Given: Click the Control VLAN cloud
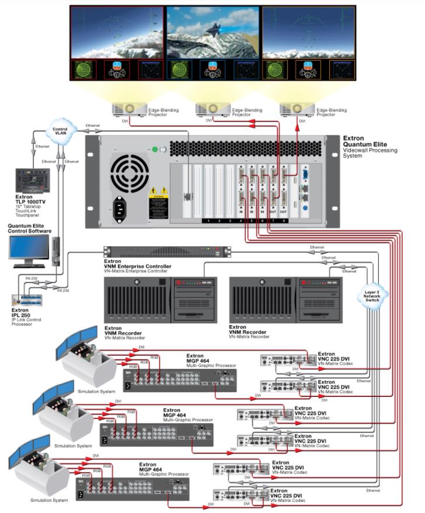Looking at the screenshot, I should point(60,128).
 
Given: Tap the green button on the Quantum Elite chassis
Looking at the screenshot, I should point(155,149).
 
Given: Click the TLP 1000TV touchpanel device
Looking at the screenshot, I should point(32,182).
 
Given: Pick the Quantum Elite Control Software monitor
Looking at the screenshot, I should point(29,248).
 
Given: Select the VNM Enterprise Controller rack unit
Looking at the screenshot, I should point(167,252).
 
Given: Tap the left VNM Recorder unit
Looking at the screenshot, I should point(161,299).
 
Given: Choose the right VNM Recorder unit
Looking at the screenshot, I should point(285,299).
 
